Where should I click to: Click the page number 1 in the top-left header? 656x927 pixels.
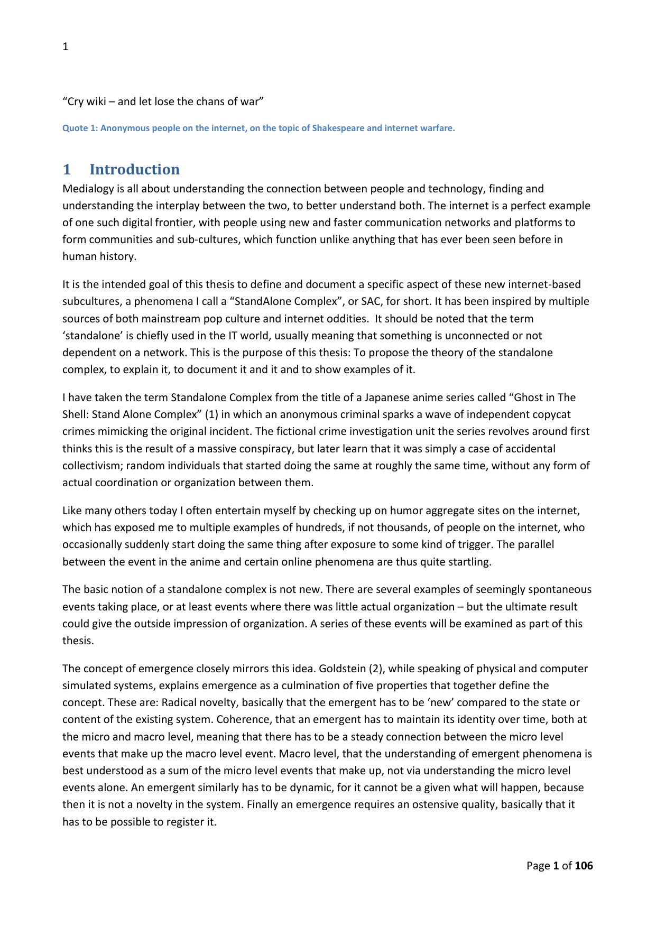[x=66, y=47]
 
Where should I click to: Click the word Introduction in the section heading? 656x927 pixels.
[x=134, y=170]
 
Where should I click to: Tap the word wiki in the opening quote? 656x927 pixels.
[x=96, y=101]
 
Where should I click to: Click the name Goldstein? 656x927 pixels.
[x=343, y=669]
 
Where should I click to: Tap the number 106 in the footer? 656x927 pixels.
[x=584, y=866]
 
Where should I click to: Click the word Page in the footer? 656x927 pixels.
[x=538, y=866]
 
